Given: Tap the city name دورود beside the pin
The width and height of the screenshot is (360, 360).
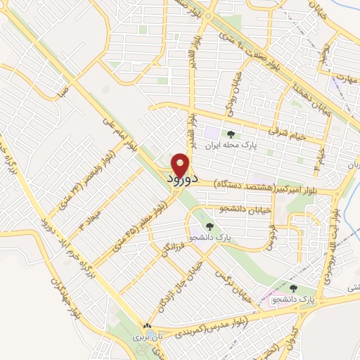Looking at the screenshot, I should [184, 180].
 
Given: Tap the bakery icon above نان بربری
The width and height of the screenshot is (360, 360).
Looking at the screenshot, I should [147, 327].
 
